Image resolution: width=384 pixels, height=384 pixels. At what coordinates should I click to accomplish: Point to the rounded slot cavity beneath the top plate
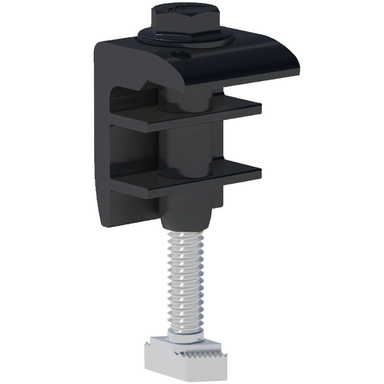click(128, 93)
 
